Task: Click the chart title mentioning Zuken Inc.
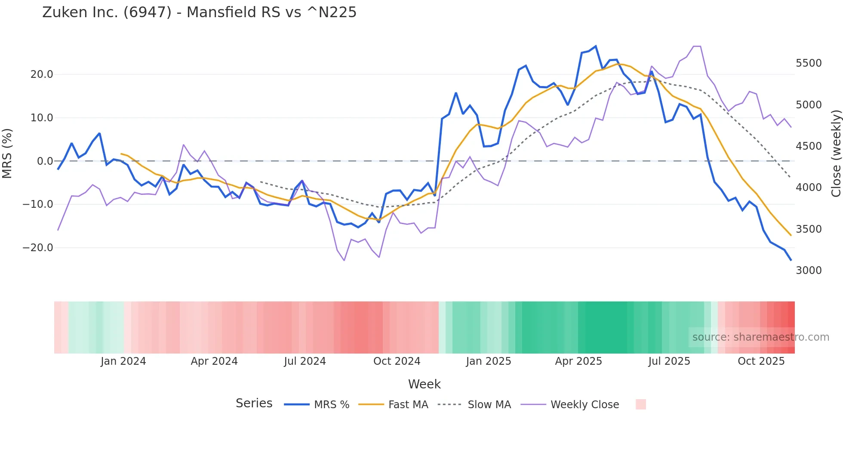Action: (199, 12)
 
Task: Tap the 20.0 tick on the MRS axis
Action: (42, 74)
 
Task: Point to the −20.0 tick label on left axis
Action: (38, 248)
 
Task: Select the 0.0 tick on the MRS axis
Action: (45, 161)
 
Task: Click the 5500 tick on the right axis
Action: (809, 63)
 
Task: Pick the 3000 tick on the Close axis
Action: (809, 271)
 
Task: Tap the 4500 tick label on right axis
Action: (809, 146)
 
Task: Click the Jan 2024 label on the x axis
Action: (123, 361)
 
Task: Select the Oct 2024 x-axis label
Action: (397, 361)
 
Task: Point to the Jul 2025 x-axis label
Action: (669, 361)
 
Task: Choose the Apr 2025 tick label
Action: (578, 361)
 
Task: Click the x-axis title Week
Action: (424, 384)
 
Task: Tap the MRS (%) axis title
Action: (7, 153)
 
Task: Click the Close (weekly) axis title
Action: (836, 154)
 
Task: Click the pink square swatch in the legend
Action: (640, 404)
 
